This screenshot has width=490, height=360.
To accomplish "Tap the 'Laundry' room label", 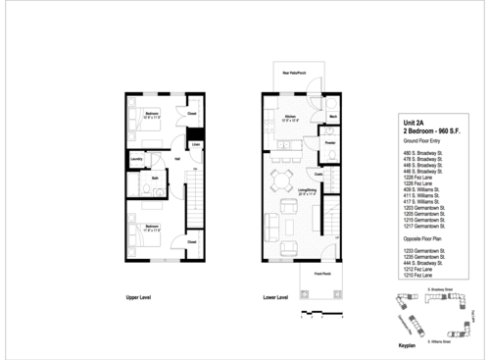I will tap(136, 157).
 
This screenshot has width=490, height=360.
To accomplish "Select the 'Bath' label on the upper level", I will tap(155, 179).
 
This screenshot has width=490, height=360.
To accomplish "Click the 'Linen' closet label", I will tap(196, 146).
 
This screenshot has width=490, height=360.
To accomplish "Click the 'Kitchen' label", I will tap(290, 117).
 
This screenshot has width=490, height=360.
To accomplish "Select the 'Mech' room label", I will tap(333, 117).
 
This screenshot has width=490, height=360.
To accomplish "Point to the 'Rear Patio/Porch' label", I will tap(296, 73).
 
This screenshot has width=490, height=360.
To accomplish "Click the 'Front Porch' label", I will tap(322, 274).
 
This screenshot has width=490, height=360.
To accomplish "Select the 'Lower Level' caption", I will tap(275, 296).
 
